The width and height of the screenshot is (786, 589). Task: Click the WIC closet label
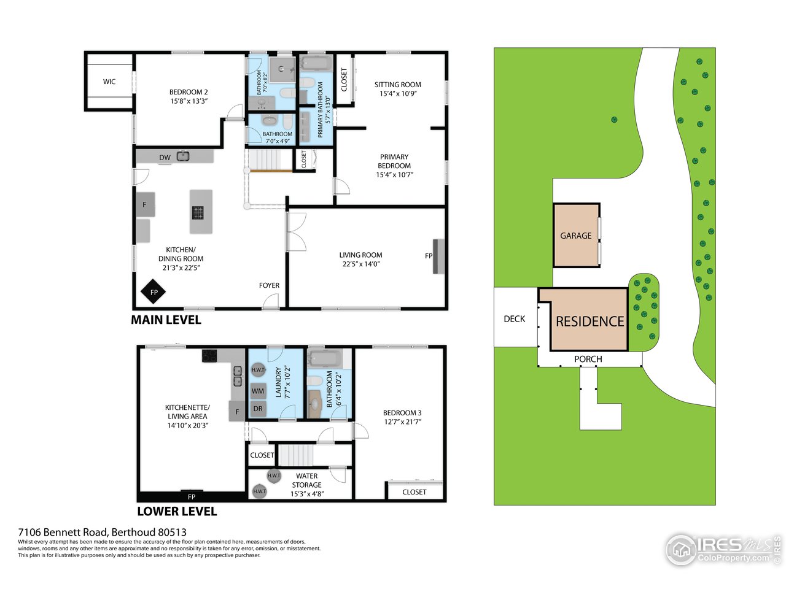(x=109, y=82)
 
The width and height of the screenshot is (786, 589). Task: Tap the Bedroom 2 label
(x=189, y=93)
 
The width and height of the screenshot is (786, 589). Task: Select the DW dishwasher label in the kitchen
(x=165, y=158)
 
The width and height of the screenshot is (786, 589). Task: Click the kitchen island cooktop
(x=198, y=213)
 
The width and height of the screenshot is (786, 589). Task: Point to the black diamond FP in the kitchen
(x=154, y=293)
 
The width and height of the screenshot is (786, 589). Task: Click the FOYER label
(x=269, y=285)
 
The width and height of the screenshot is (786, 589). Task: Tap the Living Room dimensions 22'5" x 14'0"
(x=361, y=264)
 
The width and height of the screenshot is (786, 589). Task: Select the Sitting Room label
(x=398, y=85)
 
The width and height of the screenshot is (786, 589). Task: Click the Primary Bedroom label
(x=394, y=161)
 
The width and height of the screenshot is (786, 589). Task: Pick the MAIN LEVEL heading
(x=166, y=320)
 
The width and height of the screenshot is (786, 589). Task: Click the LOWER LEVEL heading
(x=177, y=511)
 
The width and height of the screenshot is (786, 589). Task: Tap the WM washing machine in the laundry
(x=258, y=391)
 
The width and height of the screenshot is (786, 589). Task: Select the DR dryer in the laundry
(x=258, y=409)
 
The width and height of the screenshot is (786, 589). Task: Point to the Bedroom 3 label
(x=402, y=413)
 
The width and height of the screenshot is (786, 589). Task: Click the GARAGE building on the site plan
(x=576, y=236)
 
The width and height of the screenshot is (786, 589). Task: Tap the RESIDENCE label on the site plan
(x=589, y=321)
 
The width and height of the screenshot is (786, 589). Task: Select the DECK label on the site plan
(x=515, y=319)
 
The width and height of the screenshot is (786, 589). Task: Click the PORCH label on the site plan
(x=588, y=359)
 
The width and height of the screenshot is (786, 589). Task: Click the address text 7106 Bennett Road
(x=102, y=532)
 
